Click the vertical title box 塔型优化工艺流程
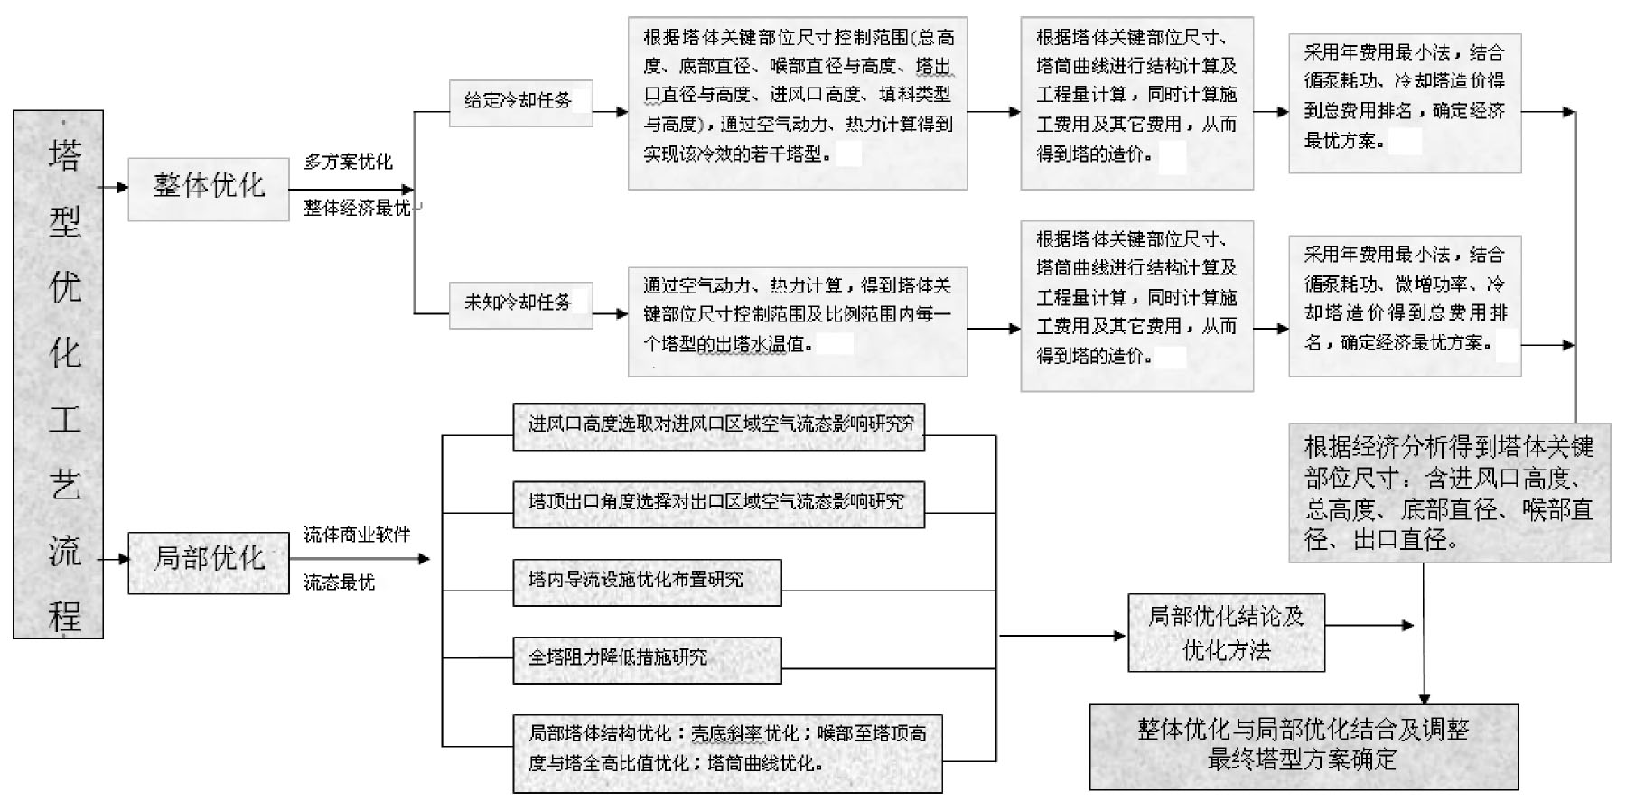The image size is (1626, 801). [59, 375]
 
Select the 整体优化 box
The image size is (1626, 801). [209, 189]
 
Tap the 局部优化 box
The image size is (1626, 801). [209, 563]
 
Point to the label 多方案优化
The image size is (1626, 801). [349, 162]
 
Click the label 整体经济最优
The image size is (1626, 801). [358, 208]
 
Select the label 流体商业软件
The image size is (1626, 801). [358, 535]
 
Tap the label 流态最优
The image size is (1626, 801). [340, 582]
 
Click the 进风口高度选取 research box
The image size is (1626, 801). [719, 426]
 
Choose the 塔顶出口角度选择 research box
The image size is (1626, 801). [719, 504]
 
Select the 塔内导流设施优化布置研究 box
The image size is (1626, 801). [647, 582]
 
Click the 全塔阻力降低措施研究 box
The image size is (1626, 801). [647, 660]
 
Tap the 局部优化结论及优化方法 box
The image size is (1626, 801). [1227, 633]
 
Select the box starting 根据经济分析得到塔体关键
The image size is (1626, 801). [1450, 493]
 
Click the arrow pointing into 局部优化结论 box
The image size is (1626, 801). [1062, 636]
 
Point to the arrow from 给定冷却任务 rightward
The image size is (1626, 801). [611, 112]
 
